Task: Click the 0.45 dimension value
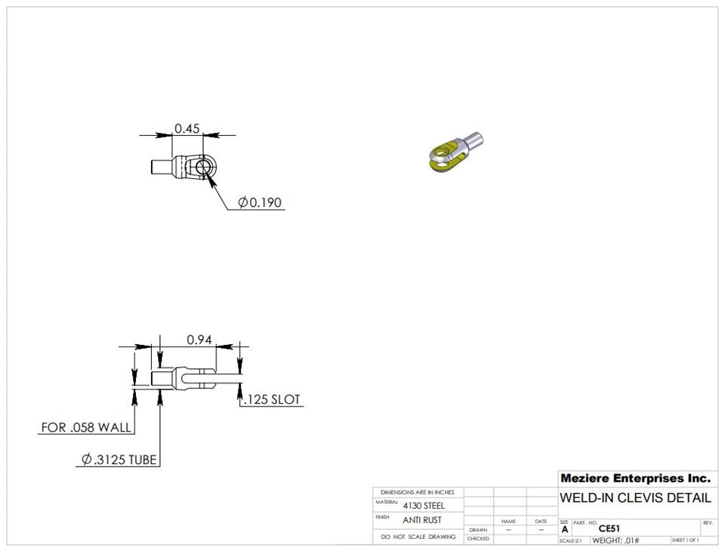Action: coord(187,129)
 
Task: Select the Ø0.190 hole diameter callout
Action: coord(260,202)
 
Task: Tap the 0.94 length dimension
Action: coord(199,340)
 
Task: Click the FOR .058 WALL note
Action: coord(86,427)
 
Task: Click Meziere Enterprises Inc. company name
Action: coord(635,479)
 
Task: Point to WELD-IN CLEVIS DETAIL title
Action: coord(635,498)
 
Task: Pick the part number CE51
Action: coord(609,529)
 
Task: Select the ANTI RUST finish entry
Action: coord(422,520)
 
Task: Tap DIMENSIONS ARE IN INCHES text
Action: coord(418,492)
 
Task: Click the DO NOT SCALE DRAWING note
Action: coord(418,537)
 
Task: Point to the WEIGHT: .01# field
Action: coord(615,540)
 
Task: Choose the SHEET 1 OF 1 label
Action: coord(684,540)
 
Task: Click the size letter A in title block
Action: coord(564,530)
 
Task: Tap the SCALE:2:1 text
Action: coord(570,540)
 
